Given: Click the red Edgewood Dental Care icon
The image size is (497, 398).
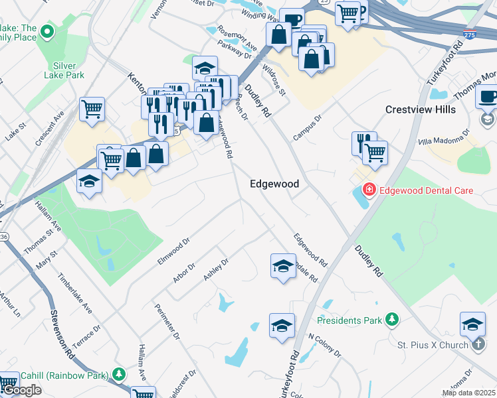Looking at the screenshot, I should click(368, 190).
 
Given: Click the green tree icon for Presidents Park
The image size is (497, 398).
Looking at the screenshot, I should click(392, 320).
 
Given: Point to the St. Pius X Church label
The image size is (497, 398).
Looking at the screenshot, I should click(433, 345).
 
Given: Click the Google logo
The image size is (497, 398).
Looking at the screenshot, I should click(21, 390).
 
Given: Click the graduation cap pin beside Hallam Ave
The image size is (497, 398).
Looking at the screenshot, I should click(88, 180).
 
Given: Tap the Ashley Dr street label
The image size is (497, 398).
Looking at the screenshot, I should click(216, 269).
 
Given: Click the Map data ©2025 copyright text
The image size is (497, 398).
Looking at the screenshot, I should click(468, 393).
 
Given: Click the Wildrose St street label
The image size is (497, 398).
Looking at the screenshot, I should click(274, 78).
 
